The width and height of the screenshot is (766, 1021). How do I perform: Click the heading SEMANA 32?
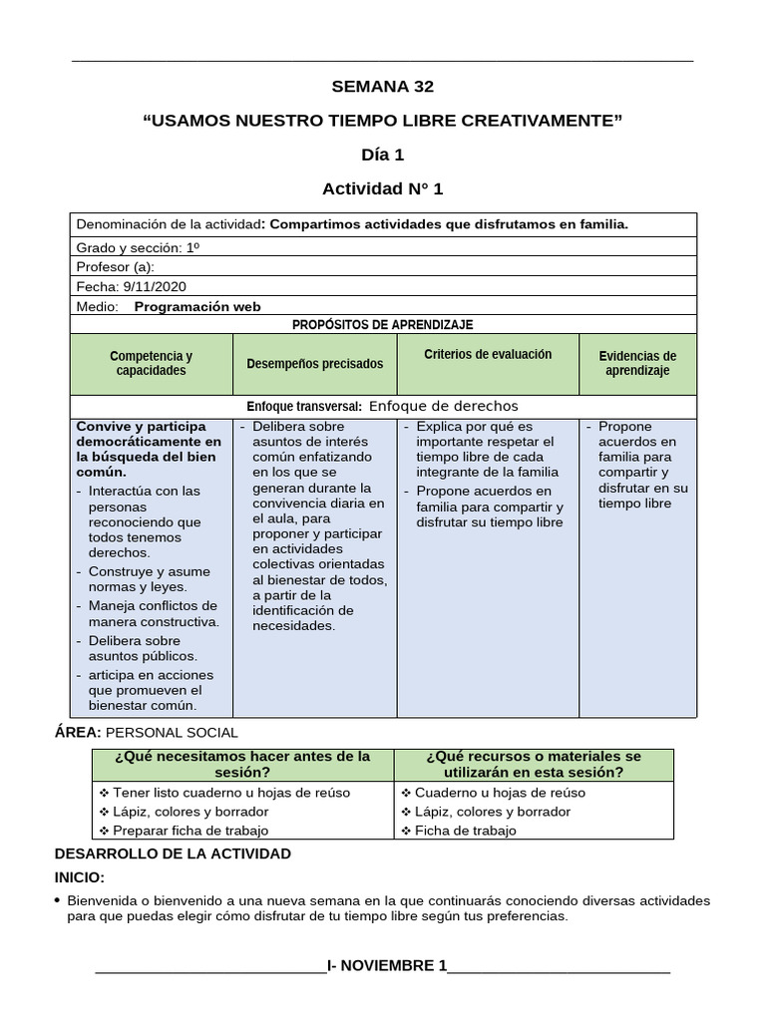click(x=383, y=87)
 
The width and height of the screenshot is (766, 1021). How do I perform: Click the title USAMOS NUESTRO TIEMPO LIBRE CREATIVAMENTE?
click(x=383, y=121)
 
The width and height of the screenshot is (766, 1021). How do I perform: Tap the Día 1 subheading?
click(x=383, y=155)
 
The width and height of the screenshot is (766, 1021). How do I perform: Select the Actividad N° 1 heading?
click(x=383, y=188)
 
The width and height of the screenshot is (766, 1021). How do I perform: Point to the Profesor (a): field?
click(x=116, y=266)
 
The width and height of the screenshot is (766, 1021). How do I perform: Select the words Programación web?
click(x=196, y=306)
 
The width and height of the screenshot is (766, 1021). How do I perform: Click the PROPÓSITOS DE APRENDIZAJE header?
click(x=383, y=325)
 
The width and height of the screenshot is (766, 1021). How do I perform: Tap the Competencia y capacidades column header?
click(x=151, y=363)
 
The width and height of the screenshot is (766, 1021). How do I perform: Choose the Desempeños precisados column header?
click(x=315, y=364)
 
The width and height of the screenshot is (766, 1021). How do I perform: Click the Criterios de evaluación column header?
click(x=488, y=355)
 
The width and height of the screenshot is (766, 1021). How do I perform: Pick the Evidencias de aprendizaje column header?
click(x=637, y=363)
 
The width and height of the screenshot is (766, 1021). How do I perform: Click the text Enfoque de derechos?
click(x=443, y=406)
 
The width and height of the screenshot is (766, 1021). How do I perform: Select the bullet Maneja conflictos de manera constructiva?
click(x=152, y=614)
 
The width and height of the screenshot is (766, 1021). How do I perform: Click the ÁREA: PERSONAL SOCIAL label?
click(x=147, y=732)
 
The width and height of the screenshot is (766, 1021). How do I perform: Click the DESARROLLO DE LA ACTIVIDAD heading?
click(x=173, y=853)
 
